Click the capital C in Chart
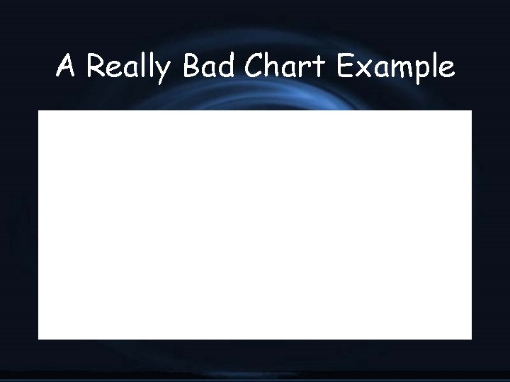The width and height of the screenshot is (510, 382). [x=254, y=66]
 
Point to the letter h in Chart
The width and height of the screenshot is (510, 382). [x=275, y=66]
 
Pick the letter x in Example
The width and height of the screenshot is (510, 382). [x=365, y=69]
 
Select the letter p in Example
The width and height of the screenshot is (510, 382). [x=423, y=72]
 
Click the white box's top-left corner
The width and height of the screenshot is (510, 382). [x=39, y=111]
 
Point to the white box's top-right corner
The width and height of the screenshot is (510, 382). [x=471, y=111]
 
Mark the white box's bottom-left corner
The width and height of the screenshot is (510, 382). [x=39, y=339]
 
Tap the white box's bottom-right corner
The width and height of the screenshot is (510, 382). [x=471, y=339]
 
